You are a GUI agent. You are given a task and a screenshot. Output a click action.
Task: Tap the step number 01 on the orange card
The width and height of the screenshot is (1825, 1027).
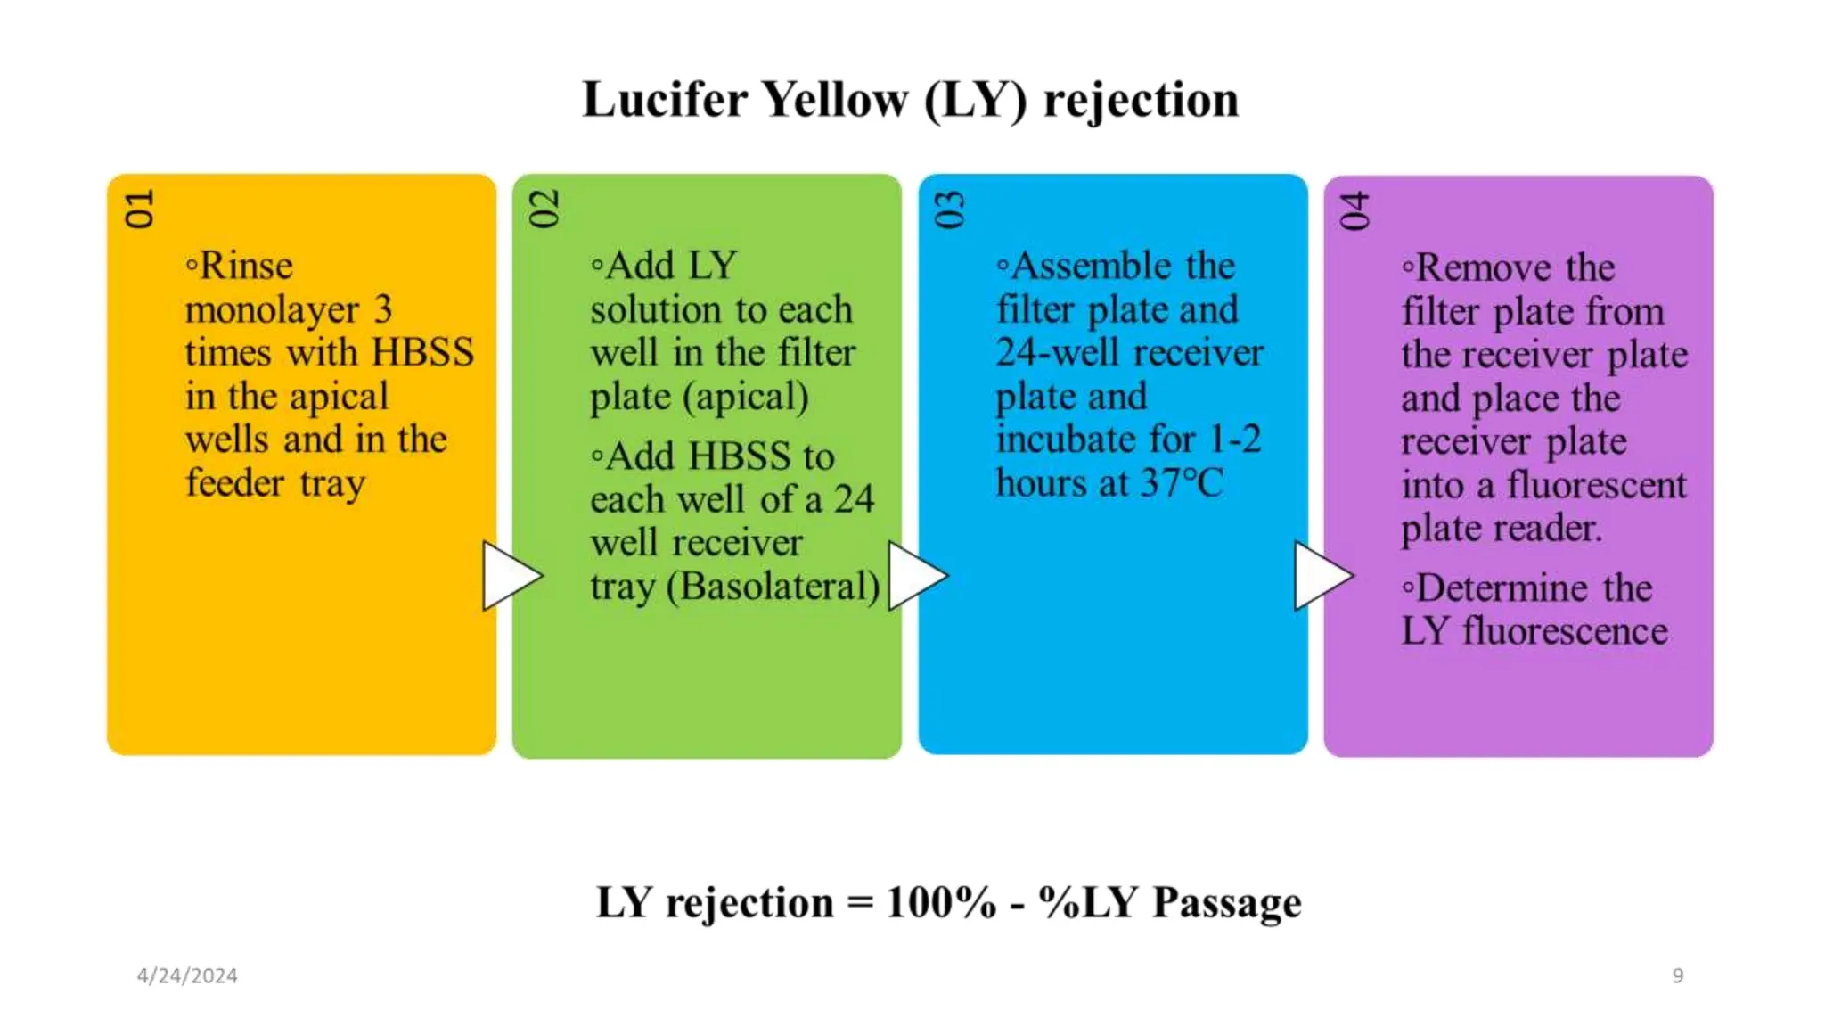click(x=140, y=209)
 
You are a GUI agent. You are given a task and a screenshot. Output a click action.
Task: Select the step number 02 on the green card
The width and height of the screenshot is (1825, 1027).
click(x=544, y=209)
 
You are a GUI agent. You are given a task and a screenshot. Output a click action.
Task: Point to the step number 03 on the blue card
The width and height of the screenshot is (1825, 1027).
click(x=950, y=209)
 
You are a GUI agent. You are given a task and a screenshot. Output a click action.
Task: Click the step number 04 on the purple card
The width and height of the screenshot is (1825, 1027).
click(x=1354, y=210)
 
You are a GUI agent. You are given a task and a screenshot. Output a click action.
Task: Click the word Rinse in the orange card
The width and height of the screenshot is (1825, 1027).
click(x=246, y=266)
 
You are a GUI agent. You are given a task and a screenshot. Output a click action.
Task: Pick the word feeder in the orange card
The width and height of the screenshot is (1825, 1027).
click(x=234, y=482)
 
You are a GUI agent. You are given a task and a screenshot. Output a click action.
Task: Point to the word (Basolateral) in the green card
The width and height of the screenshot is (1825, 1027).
click(x=773, y=587)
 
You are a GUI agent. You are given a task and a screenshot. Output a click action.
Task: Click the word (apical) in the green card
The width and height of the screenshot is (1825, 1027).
click(x=746, y=397)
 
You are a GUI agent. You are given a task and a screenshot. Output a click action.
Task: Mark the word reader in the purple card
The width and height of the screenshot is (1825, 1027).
click(x=1554, y=529)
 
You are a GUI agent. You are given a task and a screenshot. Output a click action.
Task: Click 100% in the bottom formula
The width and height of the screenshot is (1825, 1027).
click(x=941, y=902)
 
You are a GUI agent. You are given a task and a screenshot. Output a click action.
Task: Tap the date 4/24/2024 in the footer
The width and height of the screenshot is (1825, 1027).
click(x=187, y=975)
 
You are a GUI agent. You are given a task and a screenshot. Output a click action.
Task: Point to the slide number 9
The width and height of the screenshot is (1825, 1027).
click(x=1677, y=975)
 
